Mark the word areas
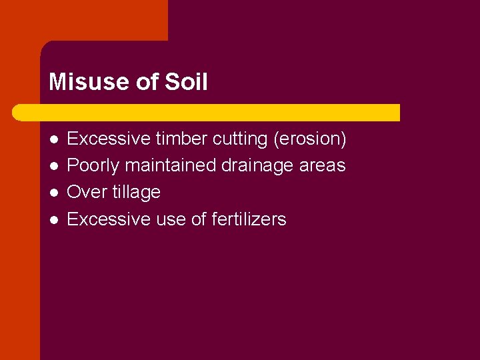click(x=323, y=165)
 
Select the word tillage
click(x=137, y=192)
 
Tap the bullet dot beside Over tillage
click(x=53, y=193)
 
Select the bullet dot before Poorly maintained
click(x=53, y=166)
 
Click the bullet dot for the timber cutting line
click(x=53, y=139)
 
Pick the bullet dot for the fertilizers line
click(x=53, y=219)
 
